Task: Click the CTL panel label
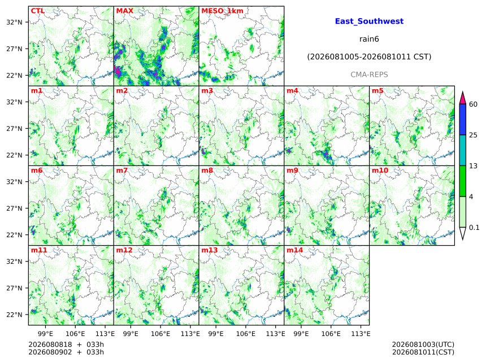37,11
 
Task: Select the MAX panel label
124,11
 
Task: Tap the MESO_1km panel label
222,11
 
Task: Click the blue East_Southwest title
369,21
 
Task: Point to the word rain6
369,39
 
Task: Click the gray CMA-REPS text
369,75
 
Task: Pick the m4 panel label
292,91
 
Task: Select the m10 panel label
380,171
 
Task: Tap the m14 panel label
294,250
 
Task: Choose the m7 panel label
122,171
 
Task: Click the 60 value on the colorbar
474,104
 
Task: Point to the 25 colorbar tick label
474,135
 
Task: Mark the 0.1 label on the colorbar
474,228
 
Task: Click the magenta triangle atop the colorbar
462,98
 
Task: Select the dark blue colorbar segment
462,120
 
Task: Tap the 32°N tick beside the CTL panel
14,22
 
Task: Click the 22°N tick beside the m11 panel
14,315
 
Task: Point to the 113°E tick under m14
361,334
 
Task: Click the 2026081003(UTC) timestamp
423,344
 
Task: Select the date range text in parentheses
369,57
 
